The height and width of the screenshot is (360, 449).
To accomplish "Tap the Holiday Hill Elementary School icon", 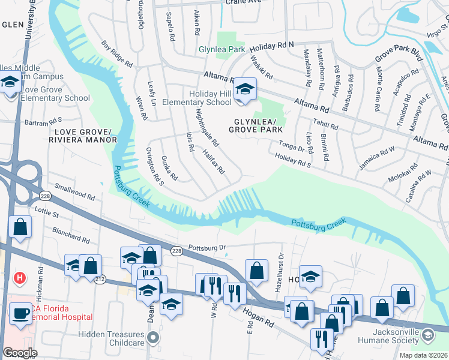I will (x=244, y=91).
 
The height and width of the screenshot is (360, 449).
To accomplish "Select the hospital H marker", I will (x=20, y=278).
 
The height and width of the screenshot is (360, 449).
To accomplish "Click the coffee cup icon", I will (x=20, y=314).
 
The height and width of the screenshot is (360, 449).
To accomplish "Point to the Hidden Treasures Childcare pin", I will (x=153, y=338).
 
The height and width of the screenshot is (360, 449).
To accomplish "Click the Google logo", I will (x=20, y=353).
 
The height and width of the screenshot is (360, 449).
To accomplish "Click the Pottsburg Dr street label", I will (x=206, y=247).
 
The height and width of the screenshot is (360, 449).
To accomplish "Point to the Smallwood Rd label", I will (x=74, y=193).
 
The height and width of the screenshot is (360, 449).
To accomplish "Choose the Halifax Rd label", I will (x=214, y=162).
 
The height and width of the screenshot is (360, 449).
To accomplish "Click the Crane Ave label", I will (x=244, y=2).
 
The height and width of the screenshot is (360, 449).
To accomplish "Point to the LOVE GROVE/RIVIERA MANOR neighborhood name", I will (x=85, y=136).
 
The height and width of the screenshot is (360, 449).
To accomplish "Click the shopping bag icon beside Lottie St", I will (x=20, y=227).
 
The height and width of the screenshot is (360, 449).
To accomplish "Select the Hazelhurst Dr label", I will (x=280, y=265).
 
